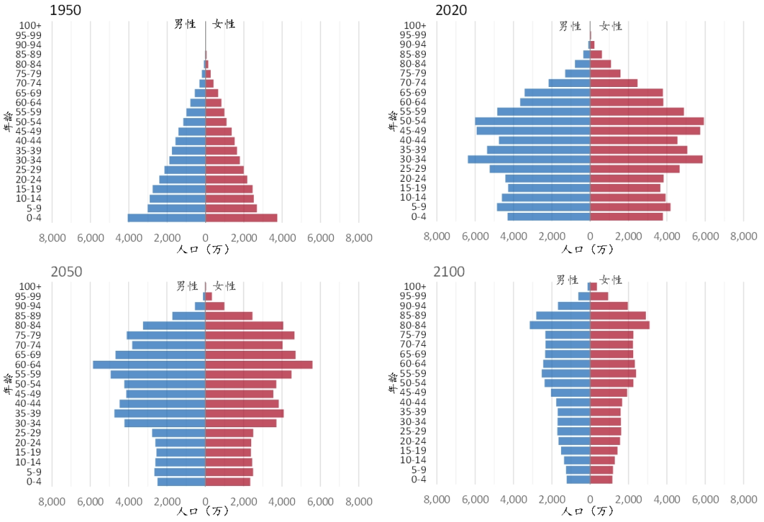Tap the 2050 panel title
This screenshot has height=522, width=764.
point(66,272)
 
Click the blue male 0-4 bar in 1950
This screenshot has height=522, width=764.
point(166,218)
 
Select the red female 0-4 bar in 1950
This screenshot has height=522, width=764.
point(241,218)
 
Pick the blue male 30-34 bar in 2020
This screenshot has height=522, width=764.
point(528,159)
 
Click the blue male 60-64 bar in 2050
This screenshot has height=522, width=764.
point(149,364)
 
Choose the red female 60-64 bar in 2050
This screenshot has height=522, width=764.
point(259,364)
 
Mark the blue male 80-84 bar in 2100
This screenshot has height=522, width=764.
point(560,325)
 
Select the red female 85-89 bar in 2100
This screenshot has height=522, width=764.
point(618,315)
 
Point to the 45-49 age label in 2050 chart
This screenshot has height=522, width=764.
point(35,393)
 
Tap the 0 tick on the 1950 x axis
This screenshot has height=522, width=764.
point(205,238)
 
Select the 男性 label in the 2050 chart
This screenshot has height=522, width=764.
point(186,286)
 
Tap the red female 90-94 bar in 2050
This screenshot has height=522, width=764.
point(215,306)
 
